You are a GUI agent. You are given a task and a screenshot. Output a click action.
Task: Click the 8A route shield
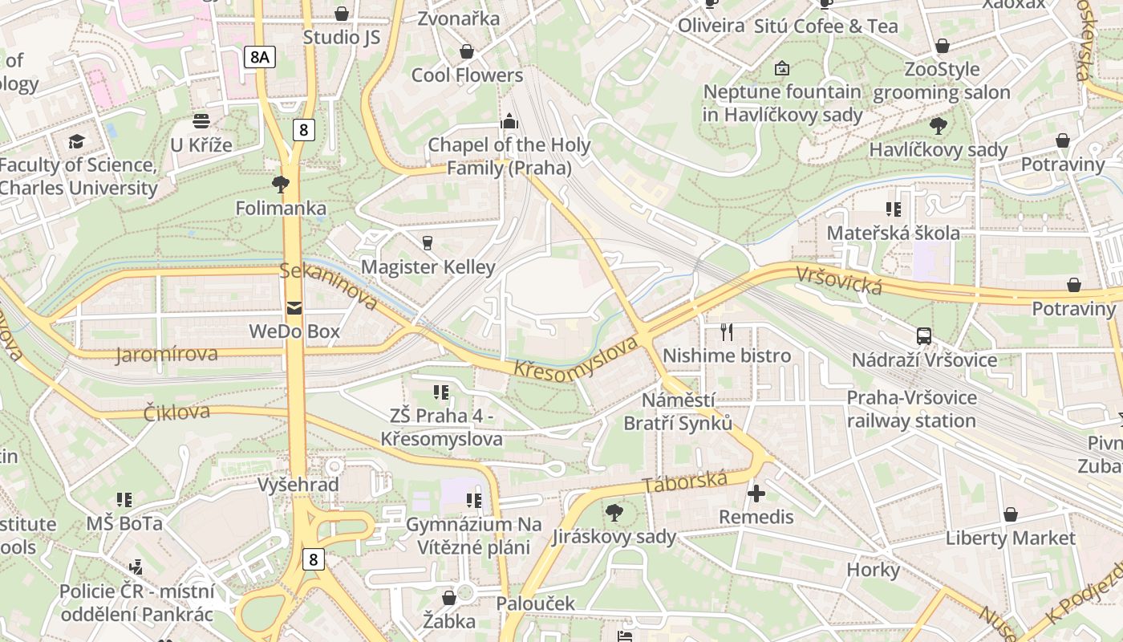pos(260,56)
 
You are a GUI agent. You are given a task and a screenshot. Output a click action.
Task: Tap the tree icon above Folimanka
pos(281,185)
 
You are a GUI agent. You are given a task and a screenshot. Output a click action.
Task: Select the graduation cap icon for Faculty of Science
pos(76,142)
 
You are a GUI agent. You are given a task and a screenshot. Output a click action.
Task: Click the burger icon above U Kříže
pos(201,121)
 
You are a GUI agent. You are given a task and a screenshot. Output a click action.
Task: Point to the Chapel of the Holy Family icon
pos(509,122)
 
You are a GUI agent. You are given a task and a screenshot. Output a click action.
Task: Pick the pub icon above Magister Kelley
pos(428,242)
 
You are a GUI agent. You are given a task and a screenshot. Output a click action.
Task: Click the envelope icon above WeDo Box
pos(294,307)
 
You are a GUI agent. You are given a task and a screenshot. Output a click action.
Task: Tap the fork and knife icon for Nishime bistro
pos(727,331)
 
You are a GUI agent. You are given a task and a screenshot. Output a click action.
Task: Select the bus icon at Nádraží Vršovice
pos(924,336)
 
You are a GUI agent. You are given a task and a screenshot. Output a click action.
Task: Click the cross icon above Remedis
pos(756,493)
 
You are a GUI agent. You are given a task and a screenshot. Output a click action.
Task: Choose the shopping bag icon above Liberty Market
pos(1011,514)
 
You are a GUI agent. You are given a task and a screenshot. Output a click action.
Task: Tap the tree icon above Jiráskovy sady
pos(614,512)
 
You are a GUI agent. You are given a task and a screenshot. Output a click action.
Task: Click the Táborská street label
pos(685,482)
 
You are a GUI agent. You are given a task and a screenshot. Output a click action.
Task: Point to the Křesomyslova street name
pos(576,358)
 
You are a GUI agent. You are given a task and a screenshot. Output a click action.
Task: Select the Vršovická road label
pos(838,280)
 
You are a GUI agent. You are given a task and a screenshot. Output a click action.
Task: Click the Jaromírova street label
pos(166,354)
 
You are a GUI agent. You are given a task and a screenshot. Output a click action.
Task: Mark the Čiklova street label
pos(176,412)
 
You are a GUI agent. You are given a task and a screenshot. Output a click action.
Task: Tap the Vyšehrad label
pos(298,485)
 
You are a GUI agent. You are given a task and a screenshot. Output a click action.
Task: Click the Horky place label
pos(873,570)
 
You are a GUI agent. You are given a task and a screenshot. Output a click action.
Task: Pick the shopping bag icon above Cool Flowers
pos(467,52)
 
